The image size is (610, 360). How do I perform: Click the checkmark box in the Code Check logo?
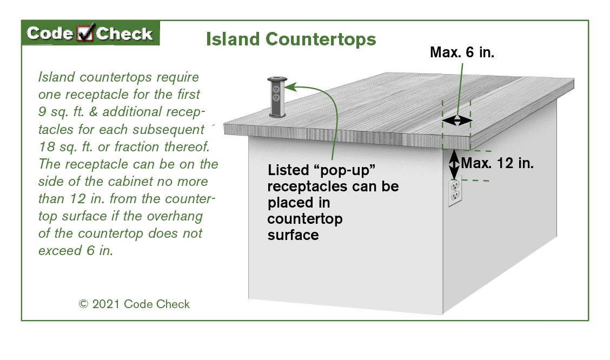(85, 34)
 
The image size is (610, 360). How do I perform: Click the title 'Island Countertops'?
(290, 39)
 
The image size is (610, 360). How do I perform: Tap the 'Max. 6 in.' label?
(462, 52)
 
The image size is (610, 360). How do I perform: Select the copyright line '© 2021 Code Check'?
(135, 304)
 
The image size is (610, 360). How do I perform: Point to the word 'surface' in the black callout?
(293, 236)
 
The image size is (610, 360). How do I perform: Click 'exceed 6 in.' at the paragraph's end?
(76, 251)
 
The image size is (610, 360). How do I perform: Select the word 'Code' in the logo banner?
(50, 34)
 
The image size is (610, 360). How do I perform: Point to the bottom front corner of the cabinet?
(442, 314)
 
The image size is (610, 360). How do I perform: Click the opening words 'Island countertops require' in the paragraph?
(118, 77)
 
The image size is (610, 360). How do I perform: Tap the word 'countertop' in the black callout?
(305, 219)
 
